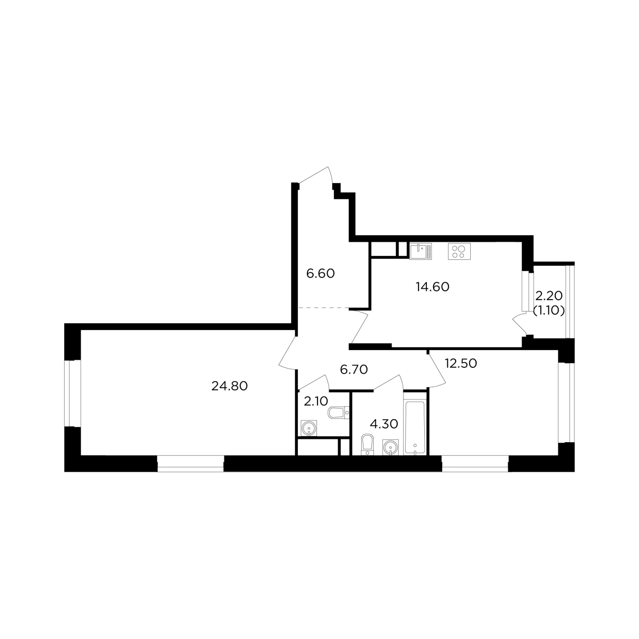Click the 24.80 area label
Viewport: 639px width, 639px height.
coord(230,386)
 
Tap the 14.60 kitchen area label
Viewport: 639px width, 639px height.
coord(432,287)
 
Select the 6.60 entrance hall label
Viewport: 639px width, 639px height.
coord(320,273)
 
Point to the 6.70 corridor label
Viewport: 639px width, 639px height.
coord(354,369)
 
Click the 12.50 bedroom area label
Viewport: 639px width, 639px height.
coord(461,363)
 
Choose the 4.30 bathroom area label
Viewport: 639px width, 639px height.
coord(384,424)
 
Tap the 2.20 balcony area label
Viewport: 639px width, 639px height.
coord(549,295)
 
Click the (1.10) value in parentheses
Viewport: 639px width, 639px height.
coord(549,311)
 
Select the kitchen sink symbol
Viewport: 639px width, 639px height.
coord(420,251)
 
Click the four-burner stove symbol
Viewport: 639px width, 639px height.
coord(459,251)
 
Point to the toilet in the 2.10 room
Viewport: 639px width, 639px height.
coord(339,412)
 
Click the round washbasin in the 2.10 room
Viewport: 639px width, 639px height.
coord(308,428)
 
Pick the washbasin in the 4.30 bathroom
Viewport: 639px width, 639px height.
coord(391,447)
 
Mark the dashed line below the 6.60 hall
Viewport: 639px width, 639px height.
coord(324,308)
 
